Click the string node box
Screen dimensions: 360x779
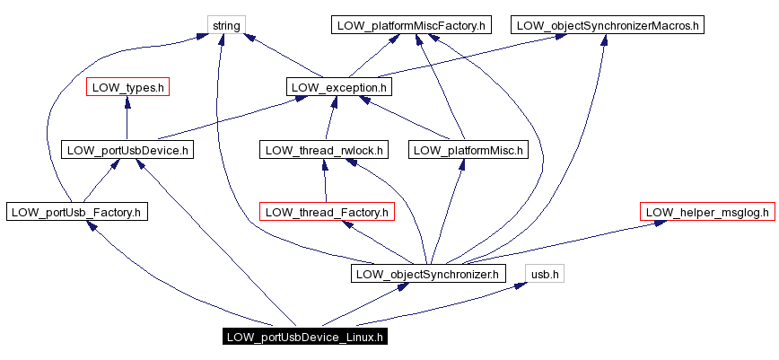pyautogui.click(x=226, y=25)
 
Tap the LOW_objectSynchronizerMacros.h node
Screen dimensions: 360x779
pyautogui.click(x=608, y=25)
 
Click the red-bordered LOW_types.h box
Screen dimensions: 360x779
pyautogui.click(x=127, y=87)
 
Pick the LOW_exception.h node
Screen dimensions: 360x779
pyautogui.click(x=339, y=87)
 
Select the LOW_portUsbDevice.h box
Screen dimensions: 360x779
pyautogui.click(x=127, y=150)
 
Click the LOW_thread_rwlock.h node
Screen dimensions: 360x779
pyautogui.click(x=324, y=150)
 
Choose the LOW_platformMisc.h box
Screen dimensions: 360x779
pyautogui.click(x=468, y=150)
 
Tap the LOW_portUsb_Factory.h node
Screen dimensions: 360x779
pyautogui.click(x=76, y=212)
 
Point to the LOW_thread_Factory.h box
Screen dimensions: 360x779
pyautogui.click(x=327, y=212)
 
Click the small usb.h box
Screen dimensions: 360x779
pyautogui.click(x=545, y=273)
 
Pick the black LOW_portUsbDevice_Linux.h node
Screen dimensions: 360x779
pyautogui.click(x=305, y=338)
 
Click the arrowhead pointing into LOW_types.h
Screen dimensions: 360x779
pyautogui.click(x=127, y=103)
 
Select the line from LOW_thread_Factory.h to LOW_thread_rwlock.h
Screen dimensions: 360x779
pyautogui.click(x=324, y=180)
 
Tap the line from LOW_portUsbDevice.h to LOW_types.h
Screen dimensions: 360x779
pyautogui.click(x=127, y=121)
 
